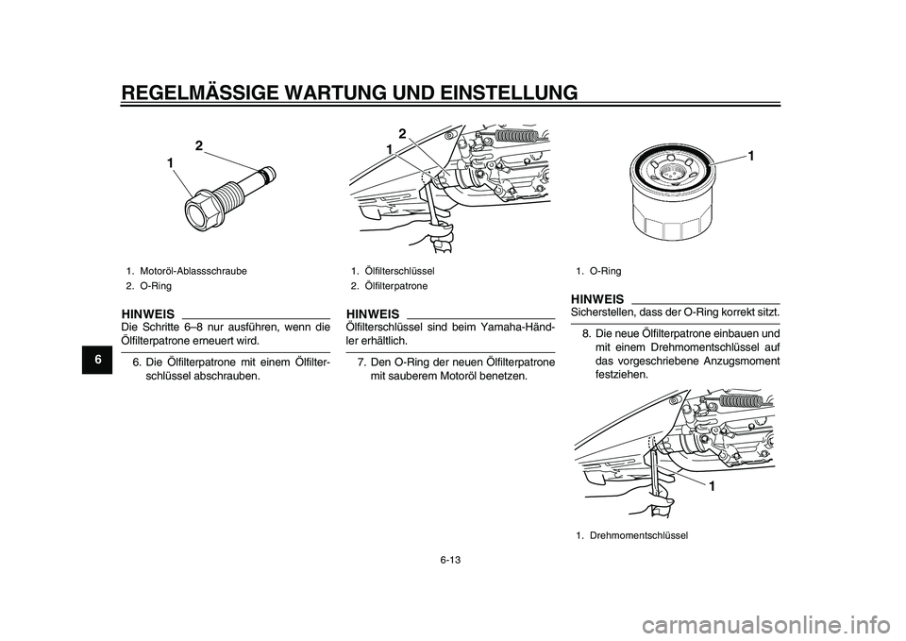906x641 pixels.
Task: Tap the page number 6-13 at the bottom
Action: [x=452, y=560]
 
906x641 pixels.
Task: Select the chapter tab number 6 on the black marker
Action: [x=98, y=360]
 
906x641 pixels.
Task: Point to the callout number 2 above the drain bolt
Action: [x=199, y=145]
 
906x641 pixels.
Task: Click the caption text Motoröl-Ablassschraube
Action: [x=193, y=271]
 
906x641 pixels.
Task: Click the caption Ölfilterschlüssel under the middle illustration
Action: [x=400, y=271]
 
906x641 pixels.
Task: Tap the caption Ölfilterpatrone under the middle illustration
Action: [x=396, y=286]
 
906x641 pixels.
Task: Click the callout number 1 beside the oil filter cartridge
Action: [x=750, y=156]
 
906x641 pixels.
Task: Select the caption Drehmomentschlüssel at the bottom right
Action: [x=639, y=536]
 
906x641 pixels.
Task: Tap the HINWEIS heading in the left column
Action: [x=148, y=313]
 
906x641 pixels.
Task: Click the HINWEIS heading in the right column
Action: [x=596, y=299]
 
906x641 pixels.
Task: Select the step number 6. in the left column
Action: [x=138, y=363]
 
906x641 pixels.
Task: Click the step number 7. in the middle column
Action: [x=361, y=363]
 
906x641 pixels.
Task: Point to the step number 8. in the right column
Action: [x=586, y=334]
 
